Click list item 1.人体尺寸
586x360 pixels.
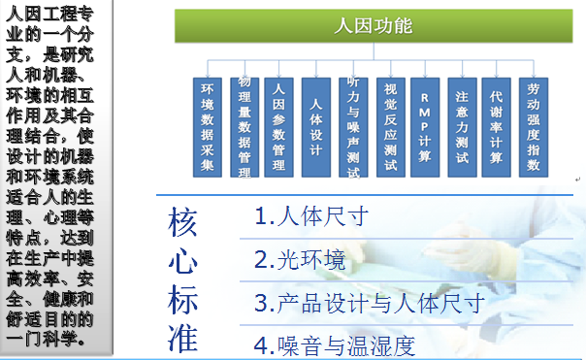(311, 216)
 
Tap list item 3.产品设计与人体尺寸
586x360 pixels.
(369, 302)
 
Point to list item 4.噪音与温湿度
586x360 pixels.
(335, 344)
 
